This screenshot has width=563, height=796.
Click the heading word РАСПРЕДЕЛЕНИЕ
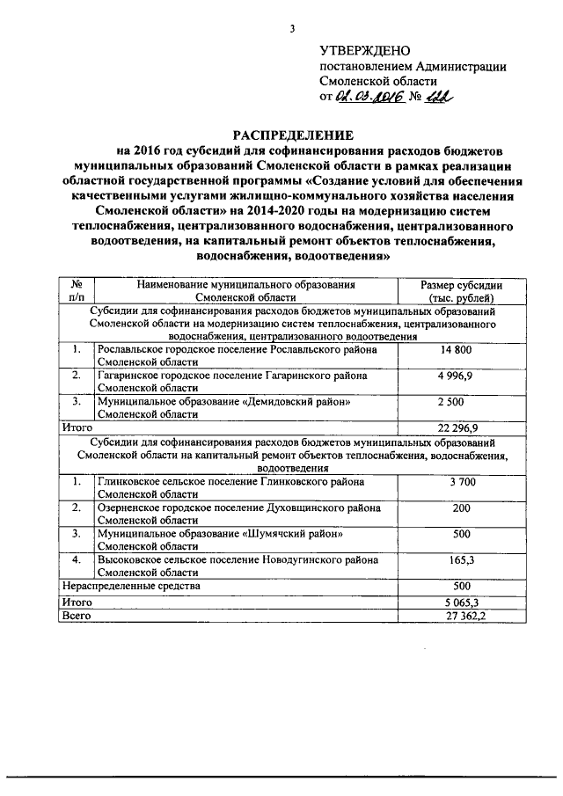[x=291, y=135]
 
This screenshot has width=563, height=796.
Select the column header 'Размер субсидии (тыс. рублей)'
[x=461, y=291]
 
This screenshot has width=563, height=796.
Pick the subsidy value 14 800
[x=461, y=350]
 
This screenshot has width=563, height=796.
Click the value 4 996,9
[x=461, y=376]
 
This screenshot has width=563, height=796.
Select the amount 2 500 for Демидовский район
[x=461, y=402]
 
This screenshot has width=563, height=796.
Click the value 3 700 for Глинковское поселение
[x=461, y=482]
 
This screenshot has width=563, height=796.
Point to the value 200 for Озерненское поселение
[x=461, y=508]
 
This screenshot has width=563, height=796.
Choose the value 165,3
[x=461, y=559]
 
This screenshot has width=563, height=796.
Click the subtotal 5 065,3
[x=461, y=602]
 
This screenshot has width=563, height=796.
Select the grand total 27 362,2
[x=461, y=617]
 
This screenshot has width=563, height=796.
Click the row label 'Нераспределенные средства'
[x=131, y=585]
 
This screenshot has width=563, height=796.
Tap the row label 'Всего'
[x=77, y=617]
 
